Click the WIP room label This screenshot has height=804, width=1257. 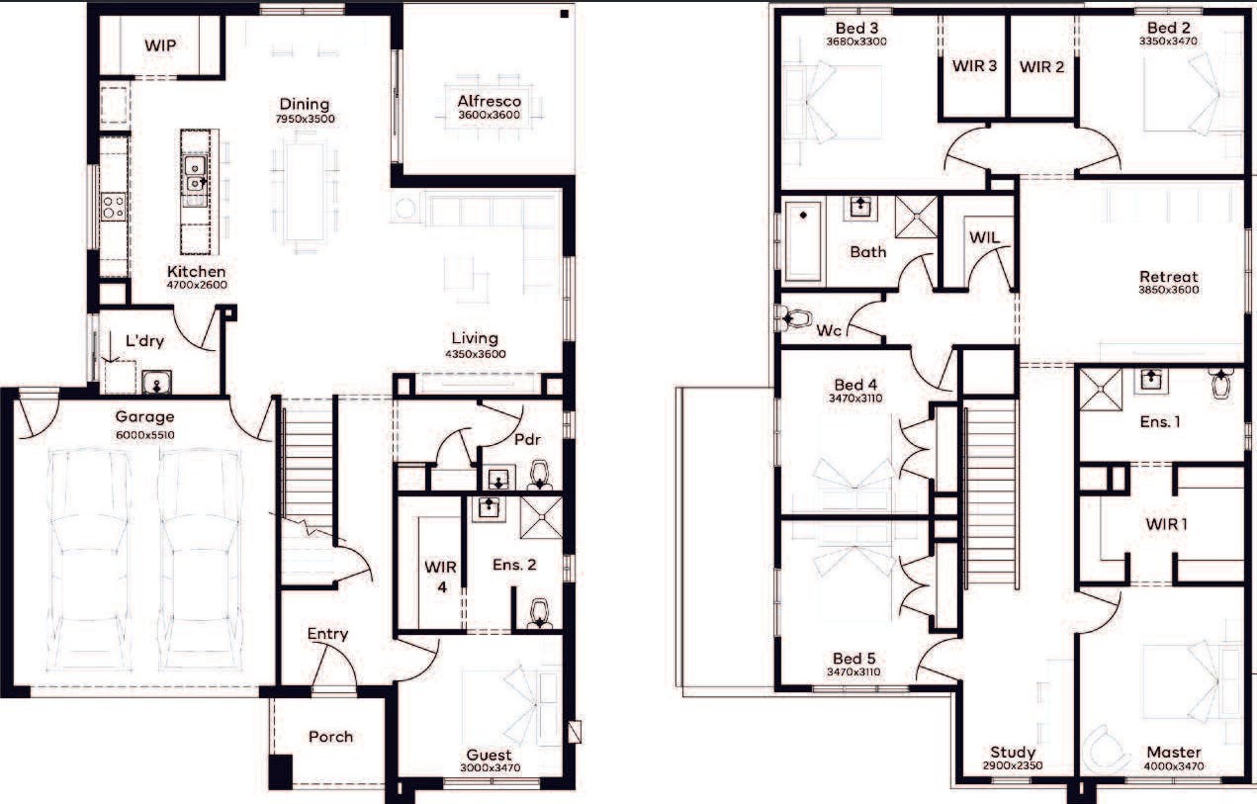coord(160,45)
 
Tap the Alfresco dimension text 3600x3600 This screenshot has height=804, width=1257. coord(489,115)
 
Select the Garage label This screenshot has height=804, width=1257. coord(144,417)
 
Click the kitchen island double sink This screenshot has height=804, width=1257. coord(195,174)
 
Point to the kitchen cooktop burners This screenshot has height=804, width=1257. coord(114,207)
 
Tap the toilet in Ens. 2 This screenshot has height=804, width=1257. coord(539,613)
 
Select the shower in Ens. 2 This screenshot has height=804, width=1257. coord(541,517)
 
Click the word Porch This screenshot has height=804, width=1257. coord(330,737)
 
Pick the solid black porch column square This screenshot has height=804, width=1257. coord(281,772)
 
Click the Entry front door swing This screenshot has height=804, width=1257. coord(335,666)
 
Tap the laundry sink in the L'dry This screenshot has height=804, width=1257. coord(156,382)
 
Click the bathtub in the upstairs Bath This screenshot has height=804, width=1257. coord(803,242)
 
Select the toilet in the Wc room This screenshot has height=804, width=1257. coord(793,319)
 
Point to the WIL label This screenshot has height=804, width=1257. coord(984,237)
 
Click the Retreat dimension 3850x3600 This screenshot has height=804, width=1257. coord(1168,290)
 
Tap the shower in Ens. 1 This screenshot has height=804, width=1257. coord(1101,389)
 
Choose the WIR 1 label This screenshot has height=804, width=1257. coord(1166,524)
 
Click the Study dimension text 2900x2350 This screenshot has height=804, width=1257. coord(1013,765)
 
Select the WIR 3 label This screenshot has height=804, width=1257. coord(974,65)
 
